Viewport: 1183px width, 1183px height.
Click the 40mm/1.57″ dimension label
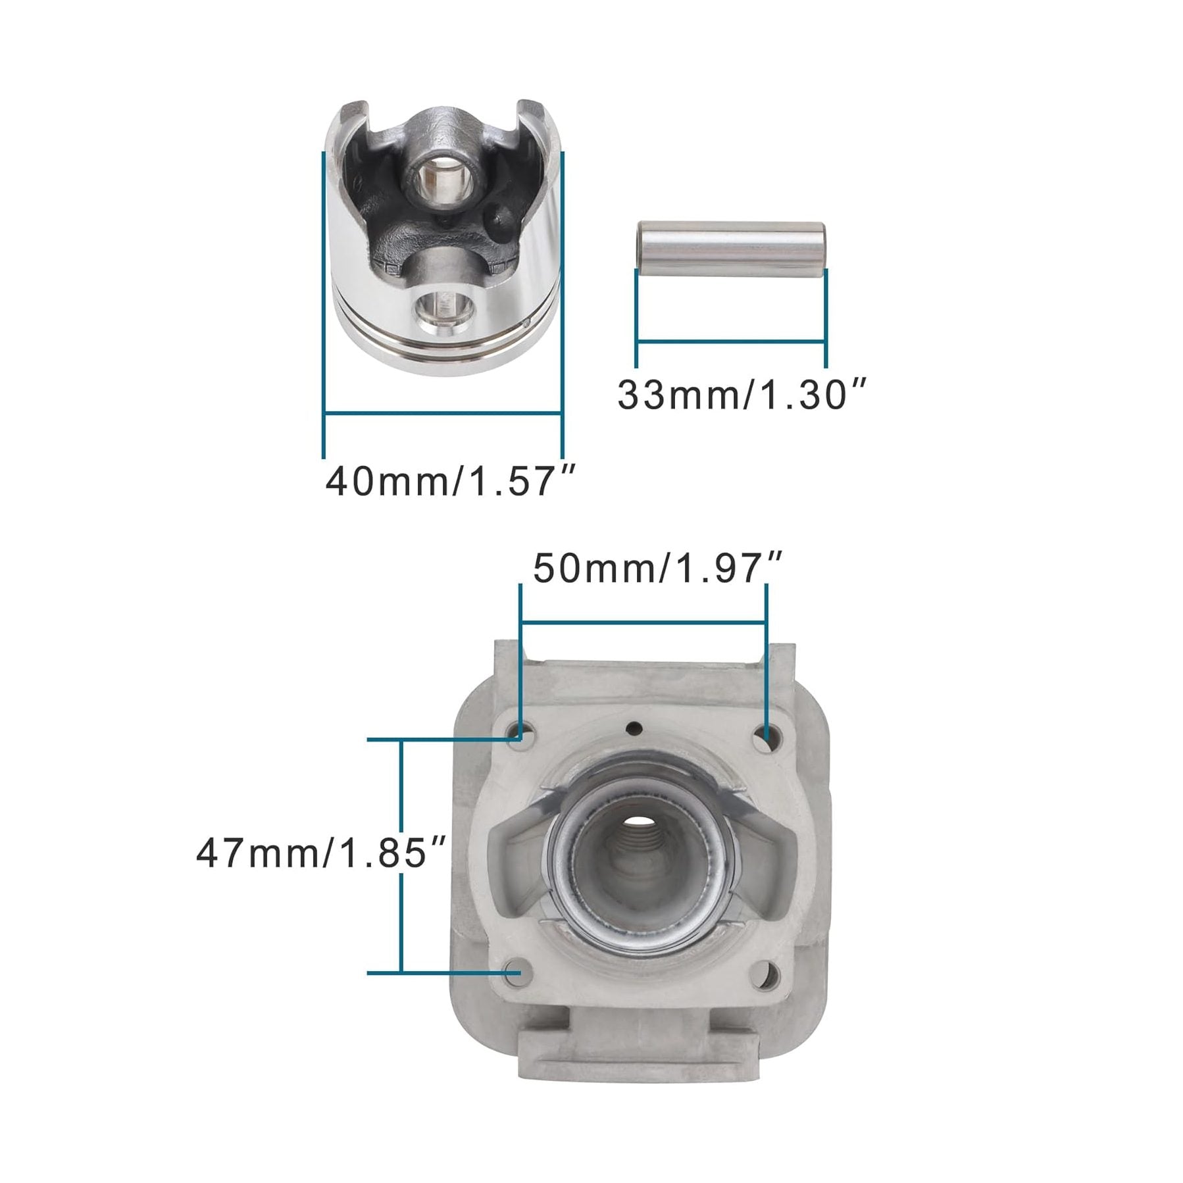coord(451,482)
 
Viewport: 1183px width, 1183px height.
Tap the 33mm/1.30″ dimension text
coord(743,395)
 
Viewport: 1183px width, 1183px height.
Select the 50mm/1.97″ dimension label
coord(657,570)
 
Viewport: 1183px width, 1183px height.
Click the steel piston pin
coord(730,250)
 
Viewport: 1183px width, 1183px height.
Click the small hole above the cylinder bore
coord(635,727)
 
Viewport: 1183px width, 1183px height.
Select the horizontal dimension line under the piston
coord(442,413)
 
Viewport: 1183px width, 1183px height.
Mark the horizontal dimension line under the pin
coord(730,341)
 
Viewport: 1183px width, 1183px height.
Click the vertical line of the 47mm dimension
coord(401,855)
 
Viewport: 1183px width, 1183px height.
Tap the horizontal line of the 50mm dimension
coord(643,621)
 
